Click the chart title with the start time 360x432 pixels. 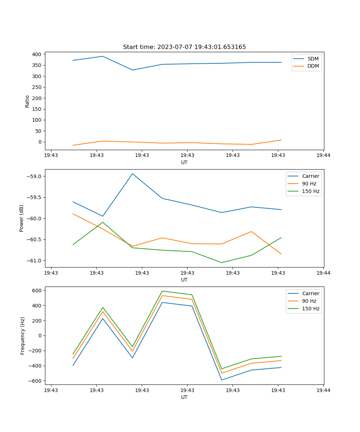click(184, 47)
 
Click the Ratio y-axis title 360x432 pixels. click(27, 101)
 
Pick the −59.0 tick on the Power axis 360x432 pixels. click(34, 176)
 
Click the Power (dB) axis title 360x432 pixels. click(22, 218)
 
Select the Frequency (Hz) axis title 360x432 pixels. click(22, 336)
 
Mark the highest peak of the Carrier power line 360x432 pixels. click(132, 174)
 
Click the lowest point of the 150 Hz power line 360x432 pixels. click(221, 262)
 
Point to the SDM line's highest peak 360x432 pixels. click(103, 56)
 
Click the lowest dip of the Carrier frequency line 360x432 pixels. click(221, 380)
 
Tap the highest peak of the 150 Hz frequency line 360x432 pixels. click(162, 291)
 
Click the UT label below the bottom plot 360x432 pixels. click(184, 397)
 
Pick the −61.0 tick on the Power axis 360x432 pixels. click(34, 261)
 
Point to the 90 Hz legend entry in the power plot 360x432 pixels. click(309, 184)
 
